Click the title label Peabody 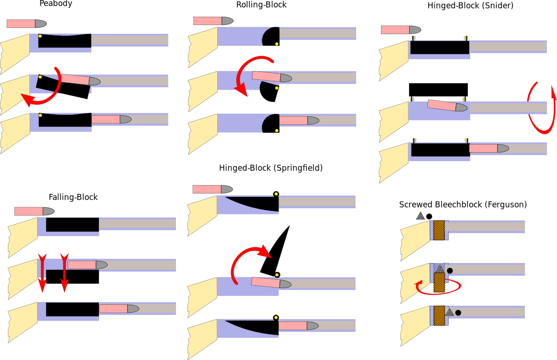56,4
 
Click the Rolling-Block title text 261,5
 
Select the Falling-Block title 73,197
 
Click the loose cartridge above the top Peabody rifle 26,24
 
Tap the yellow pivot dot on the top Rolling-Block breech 277,44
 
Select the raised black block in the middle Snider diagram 438,90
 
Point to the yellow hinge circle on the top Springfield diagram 276,194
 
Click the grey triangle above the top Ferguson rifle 420,216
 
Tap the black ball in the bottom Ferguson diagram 458,313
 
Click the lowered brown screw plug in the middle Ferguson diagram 439,283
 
